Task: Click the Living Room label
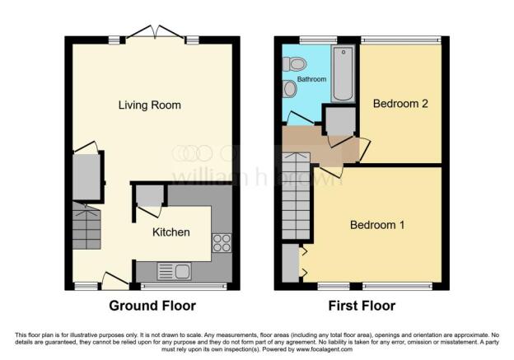tap(149, 105)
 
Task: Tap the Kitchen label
tap(171, 232)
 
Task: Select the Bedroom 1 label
tap(376, 225)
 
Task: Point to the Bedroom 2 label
tap(400, 104)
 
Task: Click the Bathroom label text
tap(312, 80)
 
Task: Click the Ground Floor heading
tap(152, 306)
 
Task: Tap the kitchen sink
tap(173, 269)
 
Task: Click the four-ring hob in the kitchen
tap(222, 242)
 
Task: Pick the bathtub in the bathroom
tap(343, 76)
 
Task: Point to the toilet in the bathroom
tap(297, 63)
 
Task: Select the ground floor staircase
tap(86, 228)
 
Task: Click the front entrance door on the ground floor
tap(114, 282)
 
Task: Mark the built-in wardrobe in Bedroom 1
tap(291, 261)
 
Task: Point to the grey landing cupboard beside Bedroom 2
tap(338, 121)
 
